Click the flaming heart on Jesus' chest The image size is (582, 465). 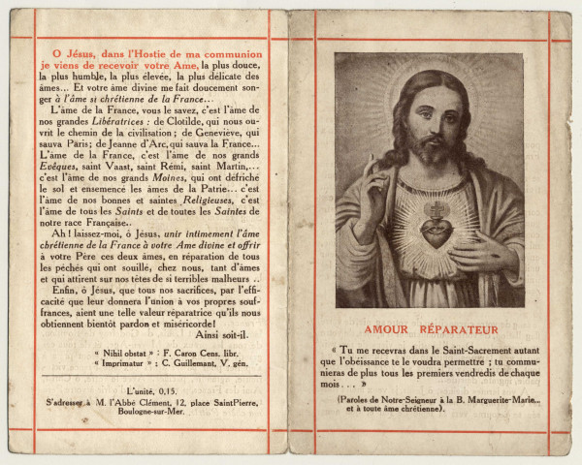[x=435, y=231]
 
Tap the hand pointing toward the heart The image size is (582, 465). [x=481, y=254]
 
